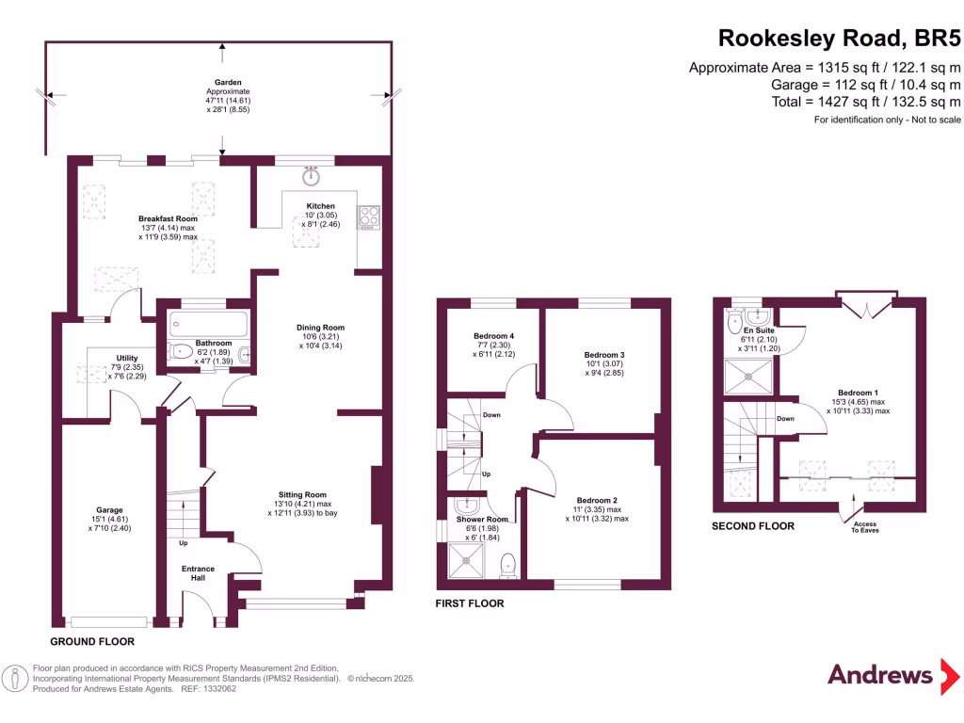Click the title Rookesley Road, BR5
tap(841, 39)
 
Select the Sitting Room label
tap(302, 494)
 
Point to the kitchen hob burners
tap(367, 217)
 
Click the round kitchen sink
tap(310, 176)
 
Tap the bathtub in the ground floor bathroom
tap(209, 325)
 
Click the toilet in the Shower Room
tap(508, 565)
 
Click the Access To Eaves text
tap(864, 527)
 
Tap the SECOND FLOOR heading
tap(753, 526)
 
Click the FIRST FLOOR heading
tap(470, 603)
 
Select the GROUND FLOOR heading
tap(91, 641)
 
